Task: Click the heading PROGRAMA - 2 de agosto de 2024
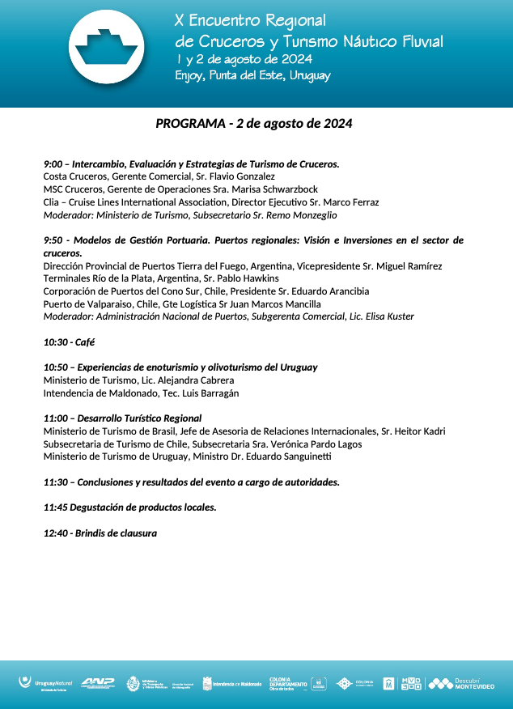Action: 253,124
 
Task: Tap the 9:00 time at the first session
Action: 53,163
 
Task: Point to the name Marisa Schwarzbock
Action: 275,189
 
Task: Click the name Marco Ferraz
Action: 351,202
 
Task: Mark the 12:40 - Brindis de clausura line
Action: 100,533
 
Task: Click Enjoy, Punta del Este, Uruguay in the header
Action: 252,76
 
